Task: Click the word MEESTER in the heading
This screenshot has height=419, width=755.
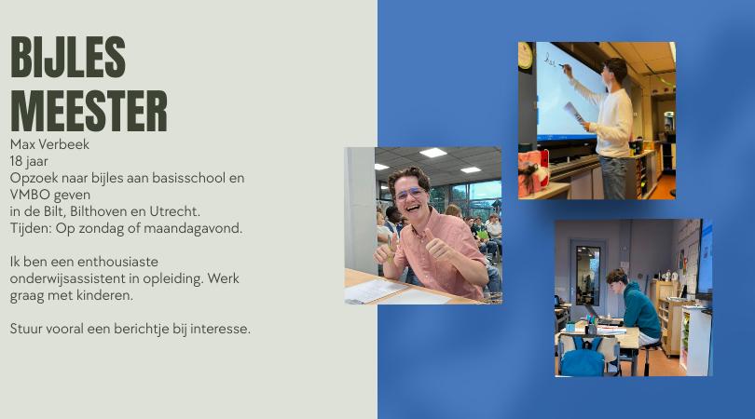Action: (x=89, y=112)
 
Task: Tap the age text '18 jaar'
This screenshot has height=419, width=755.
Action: (x=30, y=161)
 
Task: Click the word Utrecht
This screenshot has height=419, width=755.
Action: (x=174, y=211)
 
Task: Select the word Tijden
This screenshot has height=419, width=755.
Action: (x=30, y=227)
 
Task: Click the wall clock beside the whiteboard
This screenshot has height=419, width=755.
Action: (x=526, y=55)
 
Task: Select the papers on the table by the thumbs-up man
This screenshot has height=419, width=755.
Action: (x=378, y=291)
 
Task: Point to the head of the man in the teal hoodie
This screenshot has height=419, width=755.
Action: (x=616, y=277)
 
